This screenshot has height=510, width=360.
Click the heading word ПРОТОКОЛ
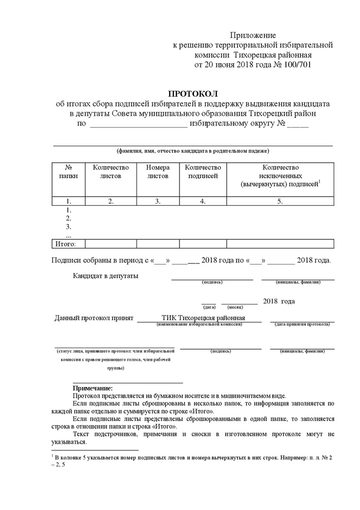(x=193, y=94)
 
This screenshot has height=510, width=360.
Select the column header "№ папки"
(x=68, y=171)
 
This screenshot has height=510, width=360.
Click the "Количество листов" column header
(x=111, y=171)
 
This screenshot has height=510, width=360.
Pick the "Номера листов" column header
(x=158, y=171)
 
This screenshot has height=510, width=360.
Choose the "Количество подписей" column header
(x=203, y=171)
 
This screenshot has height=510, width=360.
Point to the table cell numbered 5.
(x=280, y=202)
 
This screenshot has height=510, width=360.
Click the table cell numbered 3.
(x=158, y=202)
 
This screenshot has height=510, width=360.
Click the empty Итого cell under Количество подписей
(x=203, y=244)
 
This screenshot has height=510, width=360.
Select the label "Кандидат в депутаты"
(x=105, y=276)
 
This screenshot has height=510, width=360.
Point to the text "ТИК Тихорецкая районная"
(x=203, y=318)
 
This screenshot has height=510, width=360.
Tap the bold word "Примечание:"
(x=93, y=388)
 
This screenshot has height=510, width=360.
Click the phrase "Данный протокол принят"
(x=94, y=318)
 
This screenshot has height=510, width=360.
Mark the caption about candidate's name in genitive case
(x=193, y=151)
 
